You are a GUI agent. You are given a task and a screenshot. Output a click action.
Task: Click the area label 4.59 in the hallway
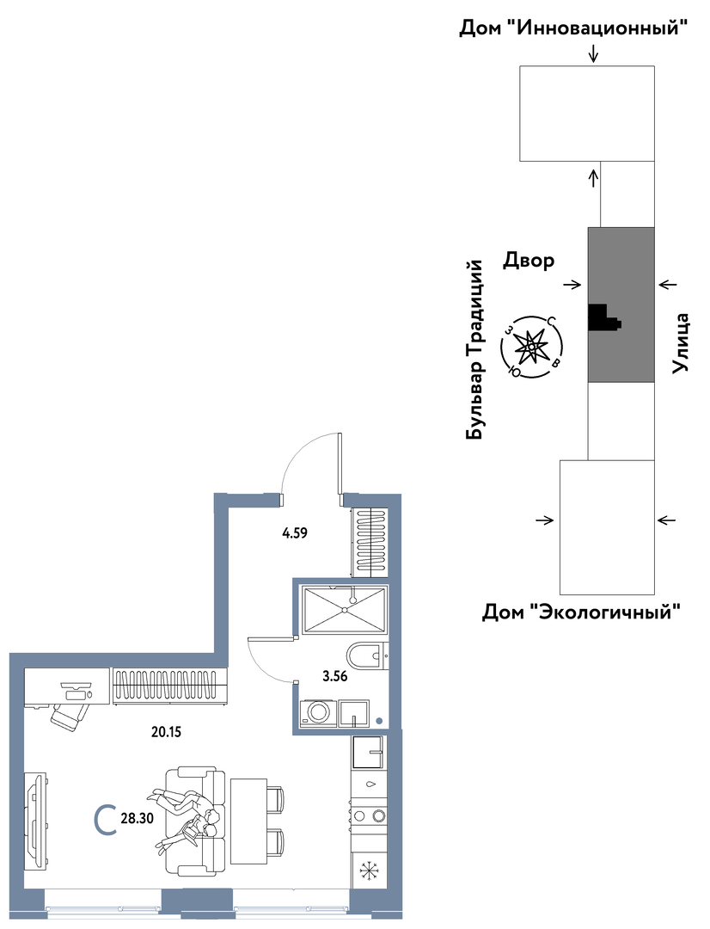click(x=295, y=532)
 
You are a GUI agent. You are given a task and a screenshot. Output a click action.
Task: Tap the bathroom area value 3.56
click(x=335, y=675)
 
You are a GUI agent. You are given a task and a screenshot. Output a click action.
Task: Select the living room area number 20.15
click(x=166, y=732)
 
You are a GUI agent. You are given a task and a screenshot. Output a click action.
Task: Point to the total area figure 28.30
click(x=138, y=820)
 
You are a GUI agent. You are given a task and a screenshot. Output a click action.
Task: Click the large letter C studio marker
click(x=106, y=819)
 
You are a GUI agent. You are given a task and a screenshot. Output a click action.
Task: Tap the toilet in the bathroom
click(x=367, y=656)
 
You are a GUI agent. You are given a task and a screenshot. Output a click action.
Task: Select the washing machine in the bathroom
click(x=317, y=713)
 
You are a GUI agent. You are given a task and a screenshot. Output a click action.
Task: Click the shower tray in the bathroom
click(x=344, y=610)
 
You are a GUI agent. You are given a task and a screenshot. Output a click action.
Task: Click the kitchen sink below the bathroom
click(x=369, y=753)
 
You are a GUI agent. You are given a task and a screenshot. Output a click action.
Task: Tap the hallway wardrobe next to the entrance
click(x=370, y=543)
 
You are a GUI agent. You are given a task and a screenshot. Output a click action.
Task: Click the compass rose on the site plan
click(x=533, y=348)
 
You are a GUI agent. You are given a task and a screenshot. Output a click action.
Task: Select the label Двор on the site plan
click(x=529, y=260)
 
